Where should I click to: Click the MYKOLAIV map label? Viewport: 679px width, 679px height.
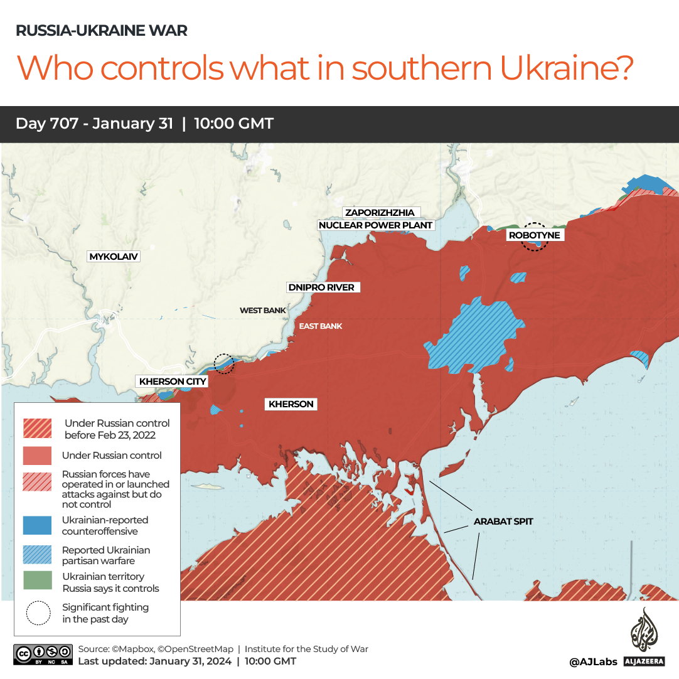tap(114, 257)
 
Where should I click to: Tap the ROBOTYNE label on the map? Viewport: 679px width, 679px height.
tap(534, 235)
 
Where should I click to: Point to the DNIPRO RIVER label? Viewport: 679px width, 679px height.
tap(321, 287)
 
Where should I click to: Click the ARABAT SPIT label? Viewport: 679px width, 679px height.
tap(503, 521)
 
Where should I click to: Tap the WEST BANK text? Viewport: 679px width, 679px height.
tap(262, 311)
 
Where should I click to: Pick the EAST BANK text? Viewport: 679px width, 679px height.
tap(320, 326)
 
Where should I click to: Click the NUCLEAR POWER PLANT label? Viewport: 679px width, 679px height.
tap(376, 225)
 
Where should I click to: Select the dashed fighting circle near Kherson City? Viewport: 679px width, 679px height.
tap(223, 363)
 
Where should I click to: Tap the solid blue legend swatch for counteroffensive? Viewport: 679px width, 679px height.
tap(37, 525)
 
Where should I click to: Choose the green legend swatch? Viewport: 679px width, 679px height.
tap(37, 580)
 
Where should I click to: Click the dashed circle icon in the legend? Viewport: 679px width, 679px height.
tap(38, 613)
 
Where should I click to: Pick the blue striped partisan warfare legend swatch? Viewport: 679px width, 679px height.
tap(37, 555)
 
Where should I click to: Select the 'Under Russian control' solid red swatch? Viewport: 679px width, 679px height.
tap(37, 456)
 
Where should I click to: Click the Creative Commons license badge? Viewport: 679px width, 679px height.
tap(42, 654)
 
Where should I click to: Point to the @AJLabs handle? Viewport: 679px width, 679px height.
tap(593, 661)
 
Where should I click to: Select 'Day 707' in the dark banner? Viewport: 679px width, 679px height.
tap(48, 124)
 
